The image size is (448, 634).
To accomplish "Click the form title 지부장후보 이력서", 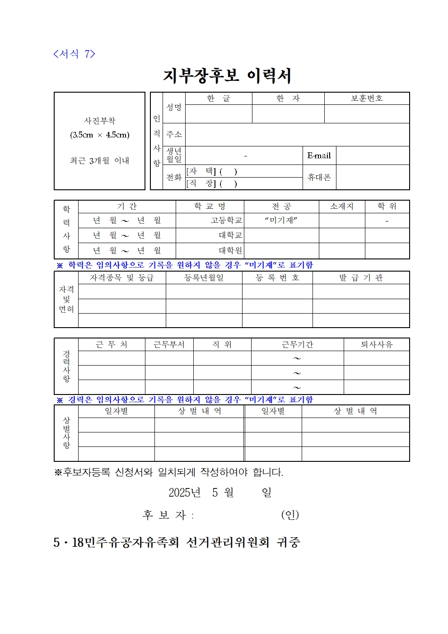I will (227, 76).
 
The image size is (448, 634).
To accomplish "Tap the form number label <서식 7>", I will (74, 54).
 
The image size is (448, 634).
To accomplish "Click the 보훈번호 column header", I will (367, 99).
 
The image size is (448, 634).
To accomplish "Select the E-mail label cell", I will (319, 155).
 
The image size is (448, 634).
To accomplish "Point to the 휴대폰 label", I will (319, 177).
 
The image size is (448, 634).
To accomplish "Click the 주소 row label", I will (174, 135).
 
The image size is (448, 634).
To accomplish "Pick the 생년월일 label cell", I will (174, 155).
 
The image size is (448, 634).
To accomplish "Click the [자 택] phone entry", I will (211, 171).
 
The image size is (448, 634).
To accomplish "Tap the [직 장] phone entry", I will (211, 183).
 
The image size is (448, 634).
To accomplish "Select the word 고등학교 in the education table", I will (226, 221).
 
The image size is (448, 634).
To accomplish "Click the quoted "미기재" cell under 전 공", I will (281, 221).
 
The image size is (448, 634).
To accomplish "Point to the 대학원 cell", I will (230, 251).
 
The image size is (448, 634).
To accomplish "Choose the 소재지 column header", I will (341, 207).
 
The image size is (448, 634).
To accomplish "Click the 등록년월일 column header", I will (204, 278).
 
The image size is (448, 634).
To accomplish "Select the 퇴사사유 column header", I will (376, 345).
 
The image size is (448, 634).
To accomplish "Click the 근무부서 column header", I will (169, 345).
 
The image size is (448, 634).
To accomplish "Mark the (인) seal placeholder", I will (290, 515).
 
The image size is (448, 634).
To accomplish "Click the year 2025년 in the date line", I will (184, 493).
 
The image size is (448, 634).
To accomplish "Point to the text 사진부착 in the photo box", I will (100, 121).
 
